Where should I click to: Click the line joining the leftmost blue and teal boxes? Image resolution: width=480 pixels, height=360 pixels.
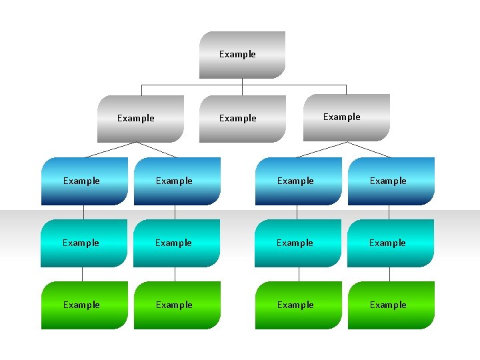[84, 212]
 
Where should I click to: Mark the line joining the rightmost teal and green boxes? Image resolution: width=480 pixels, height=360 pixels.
[389, 274]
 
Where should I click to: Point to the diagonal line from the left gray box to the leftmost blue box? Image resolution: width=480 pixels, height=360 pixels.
[111, 149]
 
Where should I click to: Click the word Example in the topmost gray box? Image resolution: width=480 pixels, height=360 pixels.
[237, 55]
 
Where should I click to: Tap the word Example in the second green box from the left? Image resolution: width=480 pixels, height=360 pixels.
[174, 305]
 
